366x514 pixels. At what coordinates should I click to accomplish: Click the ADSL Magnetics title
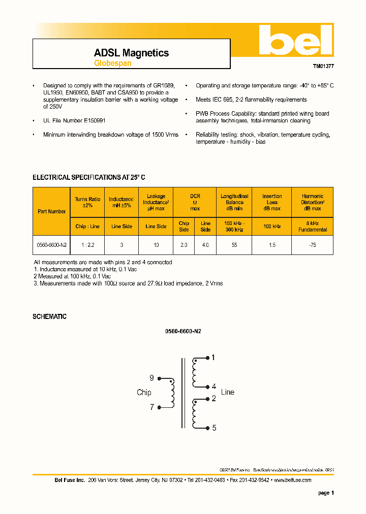coord(131,53)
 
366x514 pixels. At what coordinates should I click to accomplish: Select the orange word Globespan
coord(112,63)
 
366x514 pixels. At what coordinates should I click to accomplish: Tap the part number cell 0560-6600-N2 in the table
coord(51,245)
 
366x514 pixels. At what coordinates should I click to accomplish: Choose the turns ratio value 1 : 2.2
coord(87,245)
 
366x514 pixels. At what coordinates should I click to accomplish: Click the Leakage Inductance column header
coord(156,202)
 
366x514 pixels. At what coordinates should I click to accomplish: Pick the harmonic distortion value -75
coord(312,245)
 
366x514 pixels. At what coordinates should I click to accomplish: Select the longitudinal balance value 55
coord(234,245)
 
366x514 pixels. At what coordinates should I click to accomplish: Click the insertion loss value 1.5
coord(272,245)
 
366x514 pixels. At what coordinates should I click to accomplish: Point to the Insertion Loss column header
coord(272,202)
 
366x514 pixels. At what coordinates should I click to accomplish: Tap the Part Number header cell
coord(51,211)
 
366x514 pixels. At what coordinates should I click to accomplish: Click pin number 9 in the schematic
coord(151,378)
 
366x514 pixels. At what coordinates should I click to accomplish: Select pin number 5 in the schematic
coord(214,428)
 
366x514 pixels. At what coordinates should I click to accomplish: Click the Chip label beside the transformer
coord(144,392)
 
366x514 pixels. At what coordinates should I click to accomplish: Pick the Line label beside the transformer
coord(228,392)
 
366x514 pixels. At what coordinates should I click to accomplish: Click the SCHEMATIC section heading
coord(49,316)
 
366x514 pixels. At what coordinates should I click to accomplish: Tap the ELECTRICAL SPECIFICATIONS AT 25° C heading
coord(89,177)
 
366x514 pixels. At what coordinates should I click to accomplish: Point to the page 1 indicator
coord(326,493)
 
